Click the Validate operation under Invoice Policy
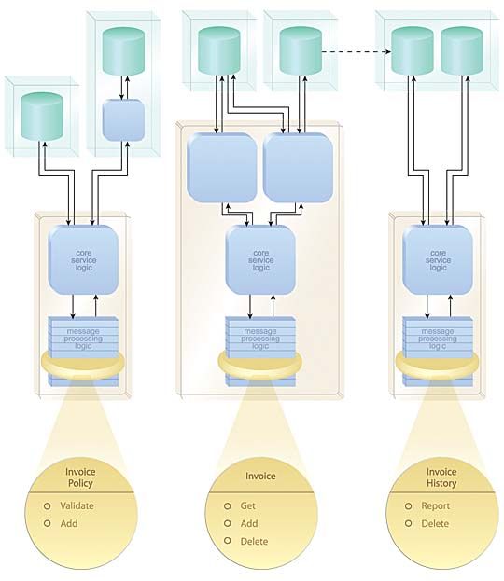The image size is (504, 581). coord(77,505)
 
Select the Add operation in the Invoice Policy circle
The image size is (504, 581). coord(69,523)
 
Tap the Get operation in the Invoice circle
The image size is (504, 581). coord(247,505)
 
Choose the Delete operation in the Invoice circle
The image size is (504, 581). coord(254,541)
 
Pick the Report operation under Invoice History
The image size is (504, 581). coord(435,505)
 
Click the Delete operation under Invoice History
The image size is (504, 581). coord(435,523)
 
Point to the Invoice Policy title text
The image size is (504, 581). coord(80,477)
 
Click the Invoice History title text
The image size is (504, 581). coord(441,477)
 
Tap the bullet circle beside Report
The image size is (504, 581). coord(408,505)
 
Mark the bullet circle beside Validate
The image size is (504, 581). coord(47,505)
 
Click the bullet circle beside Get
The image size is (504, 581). coord(228,505)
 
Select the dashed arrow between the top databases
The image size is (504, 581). coord(356,51)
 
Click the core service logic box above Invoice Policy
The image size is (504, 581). coord(83,260)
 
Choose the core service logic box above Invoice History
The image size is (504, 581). coord(438,260)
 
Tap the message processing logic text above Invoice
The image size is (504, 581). coord(260,339)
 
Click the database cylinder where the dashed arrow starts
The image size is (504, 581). coord(301,50)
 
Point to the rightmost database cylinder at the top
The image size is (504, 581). coord(462,50)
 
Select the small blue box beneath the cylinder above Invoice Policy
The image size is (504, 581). coord(123,120)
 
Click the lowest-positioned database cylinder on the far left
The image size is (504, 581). coord(42,117)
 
